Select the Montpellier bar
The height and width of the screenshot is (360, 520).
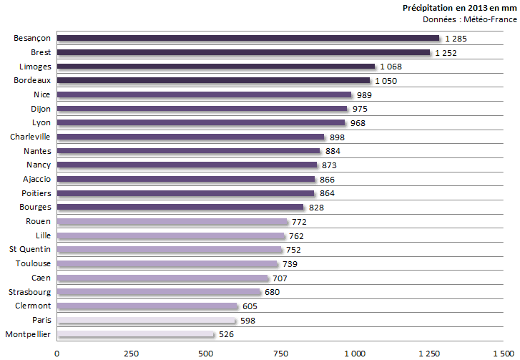(x=135, y=334)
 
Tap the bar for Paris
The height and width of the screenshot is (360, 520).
(x=146, y=320)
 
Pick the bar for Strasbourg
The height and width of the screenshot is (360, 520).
(x=158, y=292)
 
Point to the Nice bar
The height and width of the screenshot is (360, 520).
(x=204, y=94)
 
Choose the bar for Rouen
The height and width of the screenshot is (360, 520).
(x=172, y=222)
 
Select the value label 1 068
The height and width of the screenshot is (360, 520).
(x=391, y=67)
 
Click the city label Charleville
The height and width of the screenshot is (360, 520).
(x=30, y=137)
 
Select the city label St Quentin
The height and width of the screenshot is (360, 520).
(x=29, y=250)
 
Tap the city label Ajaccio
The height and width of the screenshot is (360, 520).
(x=36, y=179)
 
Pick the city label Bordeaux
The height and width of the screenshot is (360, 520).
(x=32, y=80)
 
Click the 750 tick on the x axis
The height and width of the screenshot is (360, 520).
(x=280, y=353)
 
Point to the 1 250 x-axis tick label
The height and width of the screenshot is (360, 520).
(x=428, y=353)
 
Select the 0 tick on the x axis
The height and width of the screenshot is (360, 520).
(x=57, y=353)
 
